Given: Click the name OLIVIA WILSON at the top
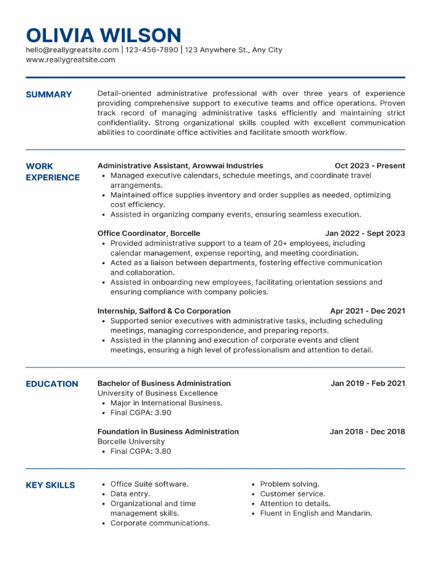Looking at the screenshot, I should [103, 35].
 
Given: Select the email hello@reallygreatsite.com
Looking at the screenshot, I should [72, 50].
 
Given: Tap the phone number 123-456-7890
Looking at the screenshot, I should [152, 50].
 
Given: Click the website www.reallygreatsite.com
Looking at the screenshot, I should [70, 59].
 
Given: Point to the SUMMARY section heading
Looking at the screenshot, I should [49, 94].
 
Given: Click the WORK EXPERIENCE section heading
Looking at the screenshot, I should [53, 172].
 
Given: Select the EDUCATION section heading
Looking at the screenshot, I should [52, 384].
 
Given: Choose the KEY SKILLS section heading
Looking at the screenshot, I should [50, 485].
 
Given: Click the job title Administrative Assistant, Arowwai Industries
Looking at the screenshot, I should [180, 166].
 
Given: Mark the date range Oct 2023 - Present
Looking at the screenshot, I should [369, 166].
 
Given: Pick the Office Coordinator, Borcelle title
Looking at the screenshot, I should [149, 233].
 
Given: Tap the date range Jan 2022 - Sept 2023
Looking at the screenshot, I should [365, 233].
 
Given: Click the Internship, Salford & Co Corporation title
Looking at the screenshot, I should [164, 311].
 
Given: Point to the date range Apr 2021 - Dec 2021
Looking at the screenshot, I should [367, 311].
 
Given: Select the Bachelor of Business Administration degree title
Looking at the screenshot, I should [164, 383].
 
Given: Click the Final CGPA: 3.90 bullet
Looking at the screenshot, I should [140, 413].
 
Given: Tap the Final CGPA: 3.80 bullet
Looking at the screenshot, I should [140, 451].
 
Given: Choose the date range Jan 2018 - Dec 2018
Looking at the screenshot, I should [367, 432].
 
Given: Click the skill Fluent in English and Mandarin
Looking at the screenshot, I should [315, 513].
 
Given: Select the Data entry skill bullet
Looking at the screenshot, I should [130, 494].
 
